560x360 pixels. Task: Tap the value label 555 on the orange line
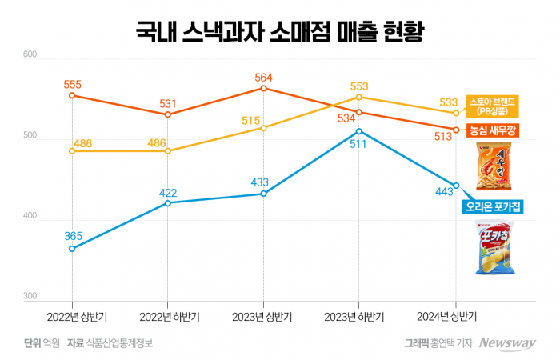pos(72,82)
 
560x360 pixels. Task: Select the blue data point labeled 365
pos(72,249)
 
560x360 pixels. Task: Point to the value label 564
pos(264,78)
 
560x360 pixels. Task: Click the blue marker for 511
pos(359,131)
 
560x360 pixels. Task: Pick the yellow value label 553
pos(359,86)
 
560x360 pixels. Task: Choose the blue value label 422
pos(168,193)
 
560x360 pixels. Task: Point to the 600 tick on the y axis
pos(30,54)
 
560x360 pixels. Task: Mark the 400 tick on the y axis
pos(30,217)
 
